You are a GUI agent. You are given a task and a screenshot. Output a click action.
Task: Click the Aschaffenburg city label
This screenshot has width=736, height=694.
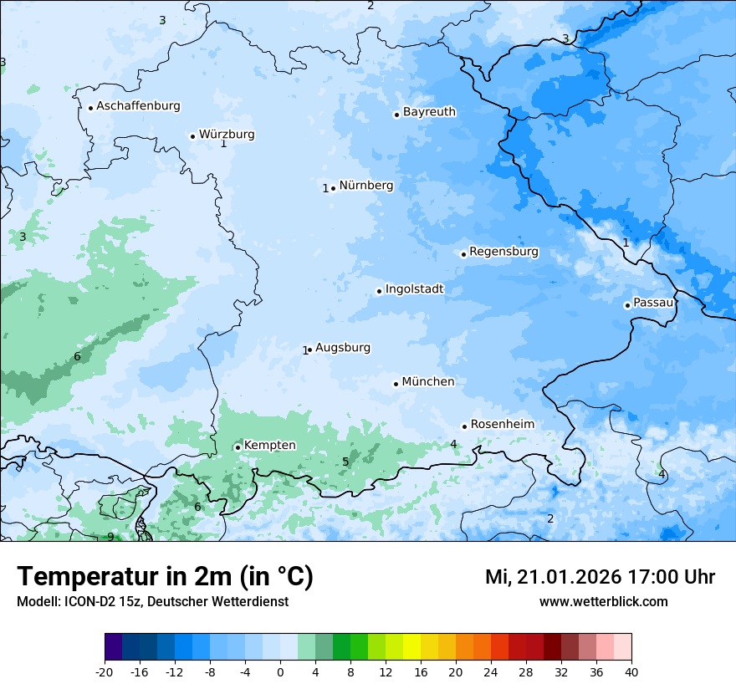coord(138,106)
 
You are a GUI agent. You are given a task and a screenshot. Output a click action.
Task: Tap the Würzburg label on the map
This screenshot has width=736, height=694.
coord(227,135)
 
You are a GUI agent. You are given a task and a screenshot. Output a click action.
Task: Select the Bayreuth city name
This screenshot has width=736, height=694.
coord(429,112)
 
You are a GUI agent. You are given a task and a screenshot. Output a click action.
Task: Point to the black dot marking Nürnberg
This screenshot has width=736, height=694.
coord(333,188)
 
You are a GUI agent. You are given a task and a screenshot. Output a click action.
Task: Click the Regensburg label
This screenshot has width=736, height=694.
coord(503,252)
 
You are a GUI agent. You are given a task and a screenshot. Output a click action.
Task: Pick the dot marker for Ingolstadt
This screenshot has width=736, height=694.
coord(379,292)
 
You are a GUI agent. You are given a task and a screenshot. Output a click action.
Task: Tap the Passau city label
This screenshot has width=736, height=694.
coord(653,303)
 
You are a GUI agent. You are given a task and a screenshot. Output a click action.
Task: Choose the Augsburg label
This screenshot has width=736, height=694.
coord(343,348)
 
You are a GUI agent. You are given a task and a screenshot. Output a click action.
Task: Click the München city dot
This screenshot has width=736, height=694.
coord(396,385)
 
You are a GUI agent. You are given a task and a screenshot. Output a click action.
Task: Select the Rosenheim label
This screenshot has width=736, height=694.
coord(502,425)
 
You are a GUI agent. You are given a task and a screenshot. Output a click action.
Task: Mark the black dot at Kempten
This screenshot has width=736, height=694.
coord(238,447)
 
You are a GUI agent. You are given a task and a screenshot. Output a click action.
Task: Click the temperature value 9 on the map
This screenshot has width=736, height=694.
coord(110,537)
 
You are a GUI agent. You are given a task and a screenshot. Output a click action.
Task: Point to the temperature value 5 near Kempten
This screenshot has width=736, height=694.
coord(345,462)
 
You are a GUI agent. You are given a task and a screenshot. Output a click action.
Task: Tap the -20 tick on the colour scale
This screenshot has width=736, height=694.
coord(105,672)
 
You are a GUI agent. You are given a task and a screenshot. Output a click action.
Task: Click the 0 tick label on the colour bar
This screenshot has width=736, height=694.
coord(280,672)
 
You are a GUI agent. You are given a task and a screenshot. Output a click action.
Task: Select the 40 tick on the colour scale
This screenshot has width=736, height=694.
coord(631,672)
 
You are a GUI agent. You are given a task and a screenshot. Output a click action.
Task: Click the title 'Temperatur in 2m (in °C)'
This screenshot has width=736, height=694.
coord(165,577)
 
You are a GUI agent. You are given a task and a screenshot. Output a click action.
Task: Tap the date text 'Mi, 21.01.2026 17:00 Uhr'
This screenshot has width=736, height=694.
coord(600,577)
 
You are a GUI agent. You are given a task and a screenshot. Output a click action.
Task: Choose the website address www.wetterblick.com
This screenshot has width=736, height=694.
coord(603,601)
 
